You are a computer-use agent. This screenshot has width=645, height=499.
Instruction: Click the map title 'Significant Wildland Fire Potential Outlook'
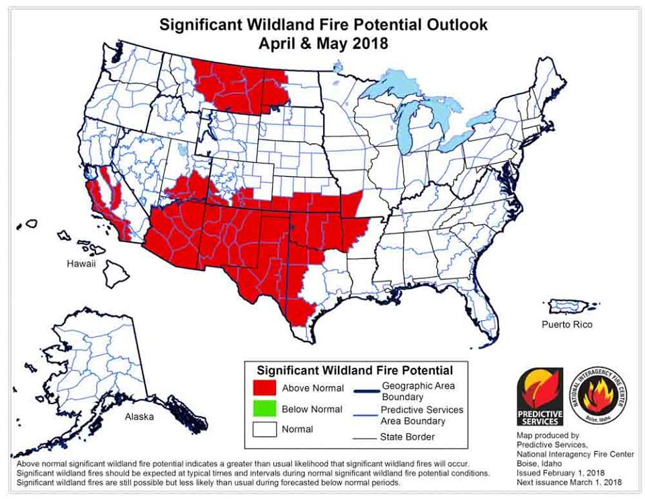click(x=322, y=25)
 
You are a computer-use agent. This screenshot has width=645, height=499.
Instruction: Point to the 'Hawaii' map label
click(x=81, y=264)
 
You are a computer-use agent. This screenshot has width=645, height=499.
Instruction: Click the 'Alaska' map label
click(x=139, y=416)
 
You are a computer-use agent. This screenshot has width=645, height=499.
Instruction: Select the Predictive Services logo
click(x=540, y=397)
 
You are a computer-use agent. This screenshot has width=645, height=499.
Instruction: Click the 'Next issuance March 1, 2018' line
click(x=568, y=482)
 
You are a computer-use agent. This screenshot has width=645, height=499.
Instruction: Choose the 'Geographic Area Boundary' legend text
click(x=417, y=391)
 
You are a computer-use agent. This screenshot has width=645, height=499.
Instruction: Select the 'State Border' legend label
click(x=407, y=437)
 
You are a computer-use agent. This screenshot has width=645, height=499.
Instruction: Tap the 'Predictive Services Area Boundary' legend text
click(x=421, y=415)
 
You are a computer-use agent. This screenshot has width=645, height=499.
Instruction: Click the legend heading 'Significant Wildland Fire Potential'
click(x=355, y=371)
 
